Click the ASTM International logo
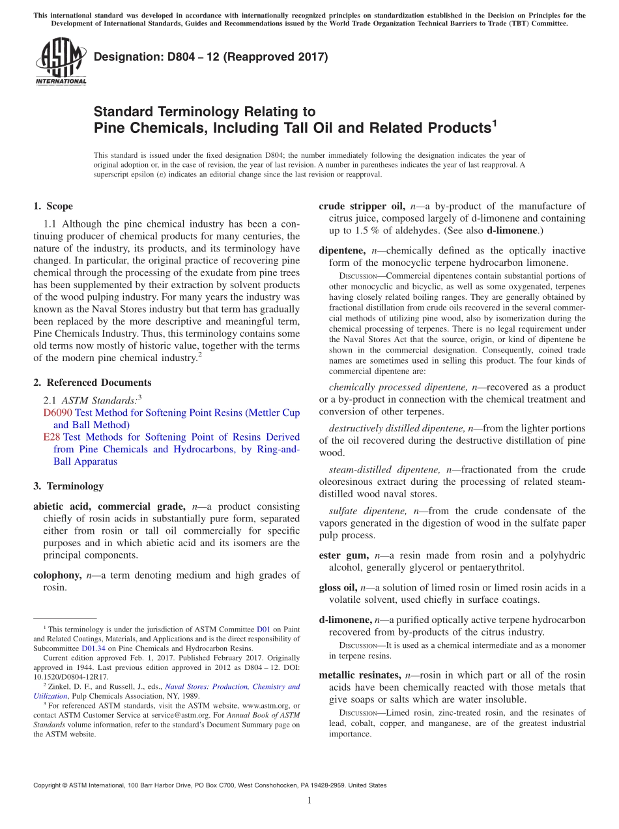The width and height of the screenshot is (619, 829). (x=61, y=61)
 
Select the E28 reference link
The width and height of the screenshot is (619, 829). (x=51, y=437)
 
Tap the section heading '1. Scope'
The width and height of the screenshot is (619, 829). (x=53, y=207)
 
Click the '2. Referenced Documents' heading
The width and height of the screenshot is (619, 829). (x=93, y=383)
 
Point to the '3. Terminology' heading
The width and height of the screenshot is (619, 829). (x=68, y=486)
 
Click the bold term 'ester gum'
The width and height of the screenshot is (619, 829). (x=343, y=555)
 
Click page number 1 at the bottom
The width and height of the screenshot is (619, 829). (x=309, y=800)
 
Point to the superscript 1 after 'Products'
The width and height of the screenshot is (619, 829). (x=495, y=121)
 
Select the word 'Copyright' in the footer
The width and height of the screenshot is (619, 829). (x=50, y=785)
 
